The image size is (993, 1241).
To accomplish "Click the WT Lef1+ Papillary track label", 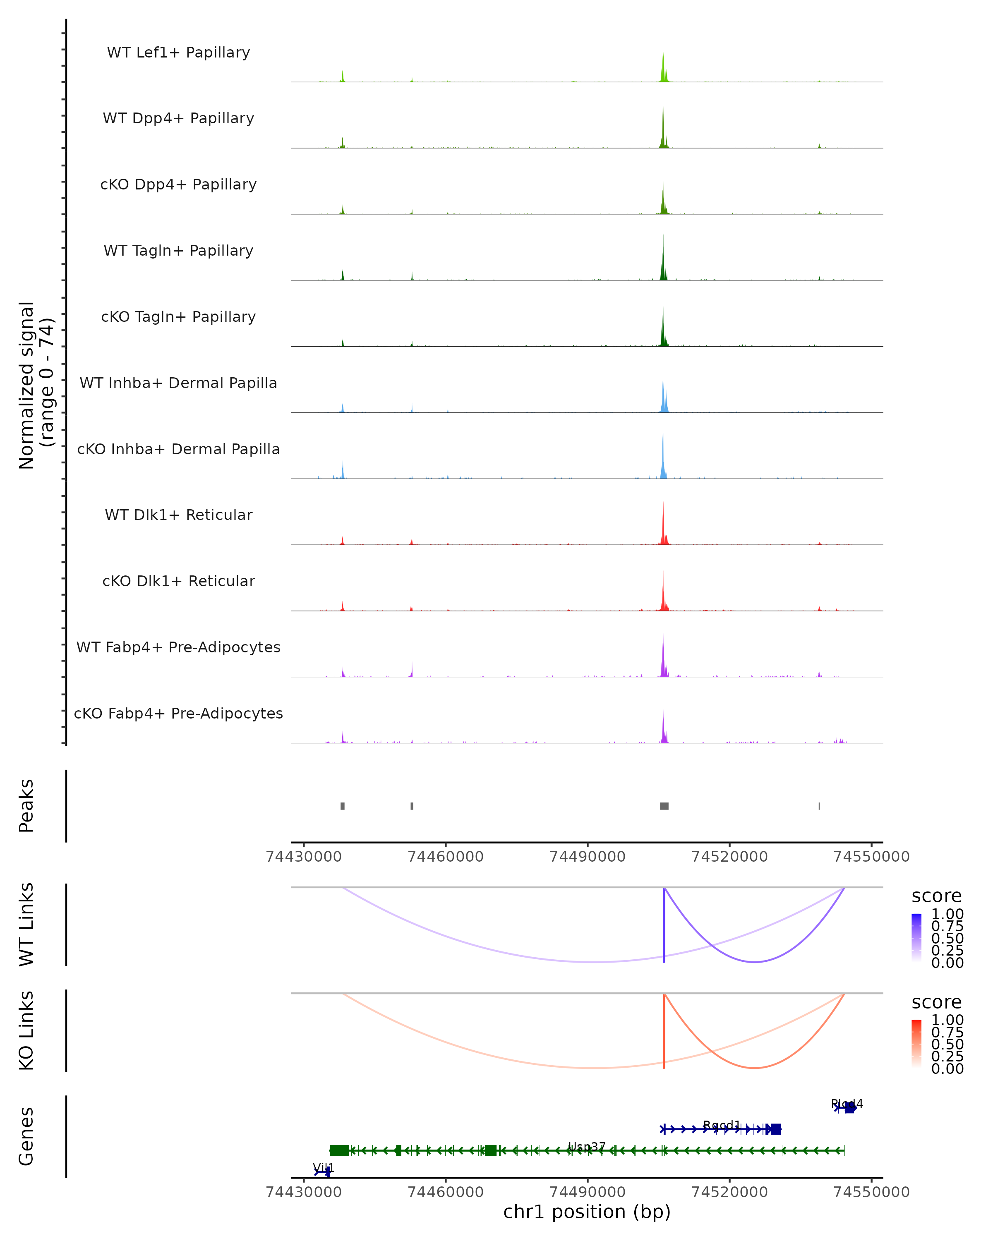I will coord(178,53).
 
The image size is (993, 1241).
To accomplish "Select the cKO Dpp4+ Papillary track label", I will coord(178,185).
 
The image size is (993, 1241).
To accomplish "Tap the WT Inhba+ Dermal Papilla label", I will coord(178,383).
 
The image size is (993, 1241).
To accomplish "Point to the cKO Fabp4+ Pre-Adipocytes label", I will coord(178,714).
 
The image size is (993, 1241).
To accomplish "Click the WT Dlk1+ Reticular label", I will coord(178,515).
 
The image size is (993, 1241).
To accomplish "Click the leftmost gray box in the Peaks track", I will coord(343,806).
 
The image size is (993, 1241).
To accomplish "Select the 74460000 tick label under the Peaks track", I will coord(446,857).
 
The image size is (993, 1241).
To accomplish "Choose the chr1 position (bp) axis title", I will coord(587,1212).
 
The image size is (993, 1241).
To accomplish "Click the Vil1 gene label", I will coord(324,1168).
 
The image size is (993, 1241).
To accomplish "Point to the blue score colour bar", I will coord(916,937).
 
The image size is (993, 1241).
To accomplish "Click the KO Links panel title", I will coord(26,1030).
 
